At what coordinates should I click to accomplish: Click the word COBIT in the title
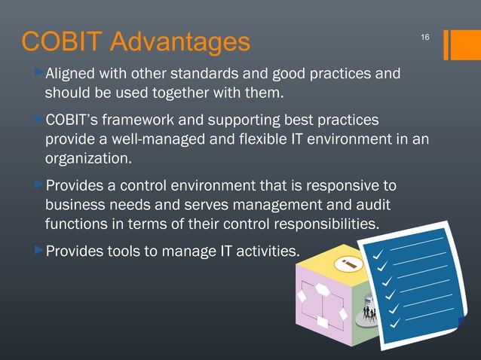pyautogui.click(x=57, y=42)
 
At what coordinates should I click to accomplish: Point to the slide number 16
pyautogui.click(x=424, y=37)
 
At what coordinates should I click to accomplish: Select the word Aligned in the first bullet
pyautogui.click(x=70, y=75)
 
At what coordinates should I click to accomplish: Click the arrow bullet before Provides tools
pyautogui.click(x=39, y=249)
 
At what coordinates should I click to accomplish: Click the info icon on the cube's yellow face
pyautogui.click(x=348, y=264)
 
